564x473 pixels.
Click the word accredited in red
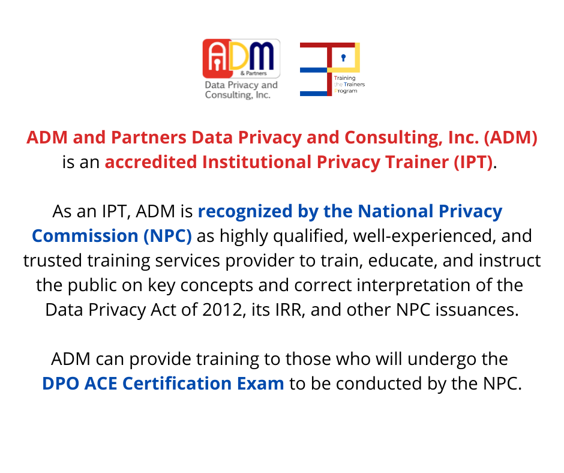(x=151, y=162)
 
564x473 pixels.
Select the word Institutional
(x=257, y=162)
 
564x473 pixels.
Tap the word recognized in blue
(x=245, y=212)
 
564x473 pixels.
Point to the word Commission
(x=85, y=236)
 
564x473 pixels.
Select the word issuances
(x=477, y=310)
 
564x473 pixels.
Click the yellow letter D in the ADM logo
(x=239, y=56)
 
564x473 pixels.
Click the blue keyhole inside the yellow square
(x=344, y=58)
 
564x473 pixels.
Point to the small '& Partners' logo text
(x=254, y=73)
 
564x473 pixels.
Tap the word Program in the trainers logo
(x=346, y=91)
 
